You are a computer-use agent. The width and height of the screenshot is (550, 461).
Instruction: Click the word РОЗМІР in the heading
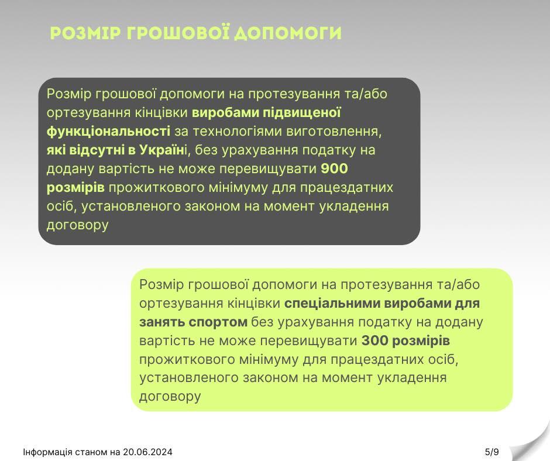tap(85, 33)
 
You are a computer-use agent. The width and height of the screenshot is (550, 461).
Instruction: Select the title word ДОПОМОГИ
tap(288, 33)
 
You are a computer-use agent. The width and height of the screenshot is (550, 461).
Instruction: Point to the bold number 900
tap(334, 168)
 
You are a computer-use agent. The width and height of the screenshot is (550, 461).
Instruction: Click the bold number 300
tap(374, 340)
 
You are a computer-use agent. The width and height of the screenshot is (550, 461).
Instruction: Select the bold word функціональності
tap(108, 132)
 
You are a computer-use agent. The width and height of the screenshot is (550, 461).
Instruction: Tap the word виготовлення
tap(334, 132)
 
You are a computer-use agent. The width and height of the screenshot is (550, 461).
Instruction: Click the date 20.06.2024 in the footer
tap(147, 452)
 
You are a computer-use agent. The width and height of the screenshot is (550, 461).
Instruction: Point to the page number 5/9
tap(491, 452)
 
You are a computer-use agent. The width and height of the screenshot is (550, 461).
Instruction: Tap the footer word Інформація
tap(48, 452)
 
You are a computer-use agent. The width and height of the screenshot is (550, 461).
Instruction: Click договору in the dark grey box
tap(77, 225)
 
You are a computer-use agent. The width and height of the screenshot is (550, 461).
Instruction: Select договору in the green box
tap(170, 397)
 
